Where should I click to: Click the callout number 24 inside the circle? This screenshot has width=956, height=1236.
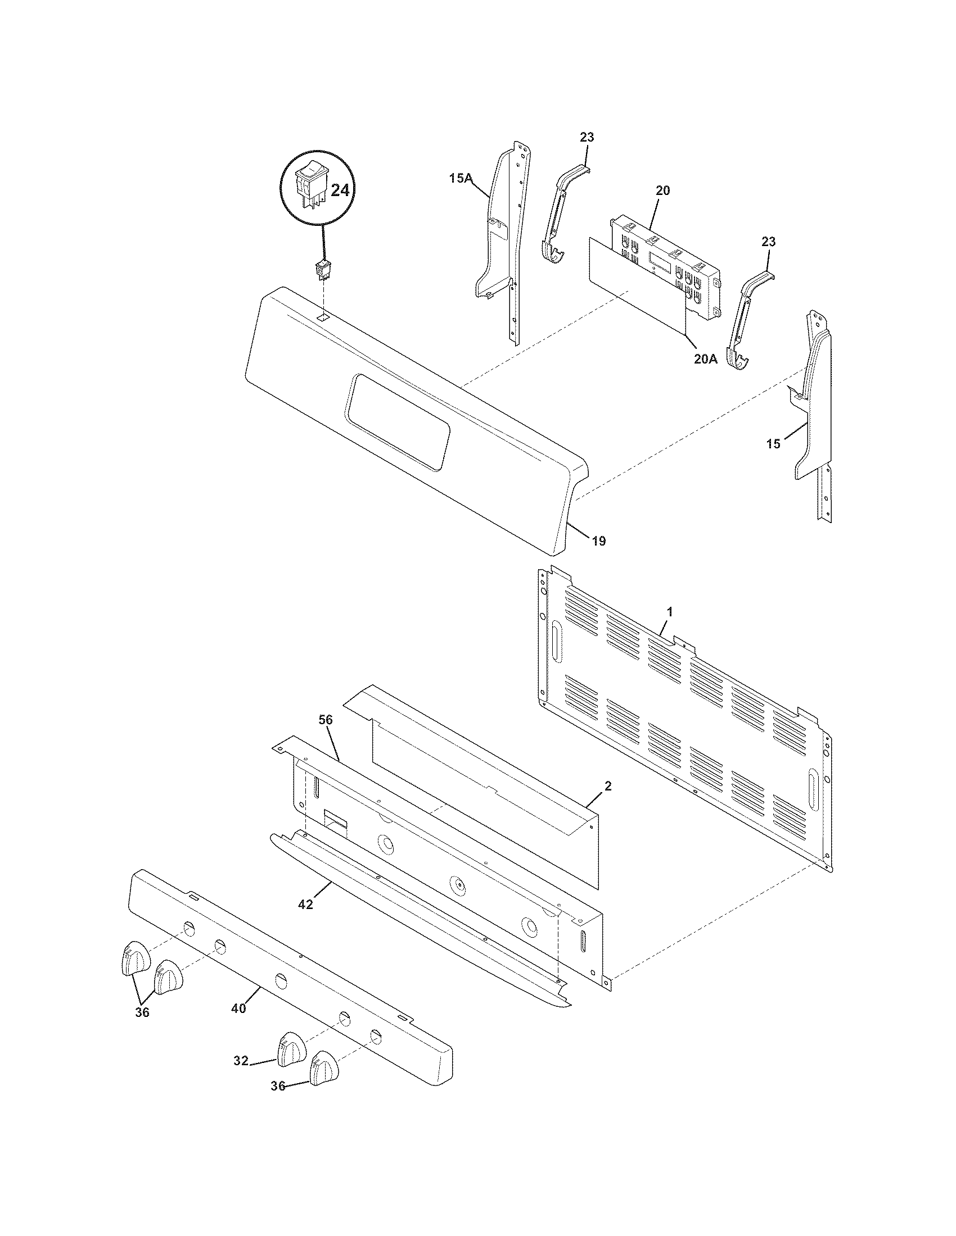click(x=340, y=190)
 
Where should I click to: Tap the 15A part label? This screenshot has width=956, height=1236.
click(x=461, y=179)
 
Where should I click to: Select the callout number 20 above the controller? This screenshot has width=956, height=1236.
click(x=662, y=190)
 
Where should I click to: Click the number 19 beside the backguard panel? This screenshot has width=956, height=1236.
click(x=599, y=541)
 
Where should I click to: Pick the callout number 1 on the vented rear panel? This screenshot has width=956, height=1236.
click(x=670, y=612)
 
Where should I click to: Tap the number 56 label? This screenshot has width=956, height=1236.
click(x=326, y=720)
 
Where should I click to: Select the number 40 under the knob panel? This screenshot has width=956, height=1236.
click(x=238, y=1008)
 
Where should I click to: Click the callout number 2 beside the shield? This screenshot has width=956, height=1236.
click(x=608, y=786)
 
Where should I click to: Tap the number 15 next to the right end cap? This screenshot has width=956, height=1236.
click(x=773, y=444)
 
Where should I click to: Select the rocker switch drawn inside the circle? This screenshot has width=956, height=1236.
click(x=310, y=185)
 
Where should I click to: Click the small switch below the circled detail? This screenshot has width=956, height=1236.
click(x=323, y=271)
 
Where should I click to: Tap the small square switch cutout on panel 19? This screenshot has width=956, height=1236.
click(x=322, y=318)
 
